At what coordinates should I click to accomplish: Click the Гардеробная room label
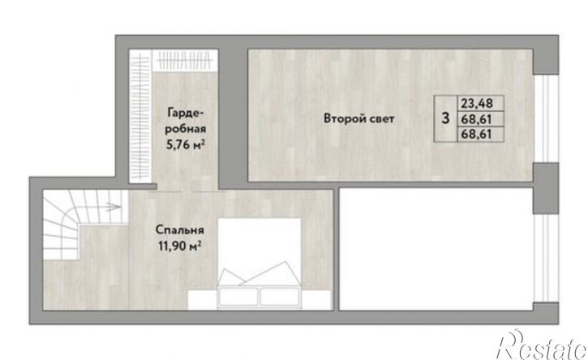(x=186, y=120)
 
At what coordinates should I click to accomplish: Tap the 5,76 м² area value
(x=186, y=145)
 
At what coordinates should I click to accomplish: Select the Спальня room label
(x=179, y=230)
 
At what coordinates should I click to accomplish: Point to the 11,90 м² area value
(x=179, y=246)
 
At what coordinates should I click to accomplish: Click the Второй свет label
(x=358, y=119)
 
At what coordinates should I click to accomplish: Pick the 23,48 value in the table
(x=477, y=103)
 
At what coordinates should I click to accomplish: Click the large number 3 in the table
(x=445, y=118)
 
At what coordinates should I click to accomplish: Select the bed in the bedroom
(x=260, y=264)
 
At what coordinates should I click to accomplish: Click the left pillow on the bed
(x=238, y=295)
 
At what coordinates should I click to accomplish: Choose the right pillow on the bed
(x=280, y=295)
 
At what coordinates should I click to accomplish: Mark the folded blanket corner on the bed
(x=260, y=274)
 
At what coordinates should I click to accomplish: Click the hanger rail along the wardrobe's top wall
(x=185, y=60)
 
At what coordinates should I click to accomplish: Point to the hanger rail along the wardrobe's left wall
(x=140, y=117)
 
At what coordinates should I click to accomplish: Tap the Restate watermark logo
(x=542, y=345)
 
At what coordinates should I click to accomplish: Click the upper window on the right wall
(x=546, y=118)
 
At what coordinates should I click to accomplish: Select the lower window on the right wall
(x=546, y=258)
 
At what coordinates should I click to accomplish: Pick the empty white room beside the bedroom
(x=436, y=250)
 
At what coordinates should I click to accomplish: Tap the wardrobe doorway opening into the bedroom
(x=187, y=187)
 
